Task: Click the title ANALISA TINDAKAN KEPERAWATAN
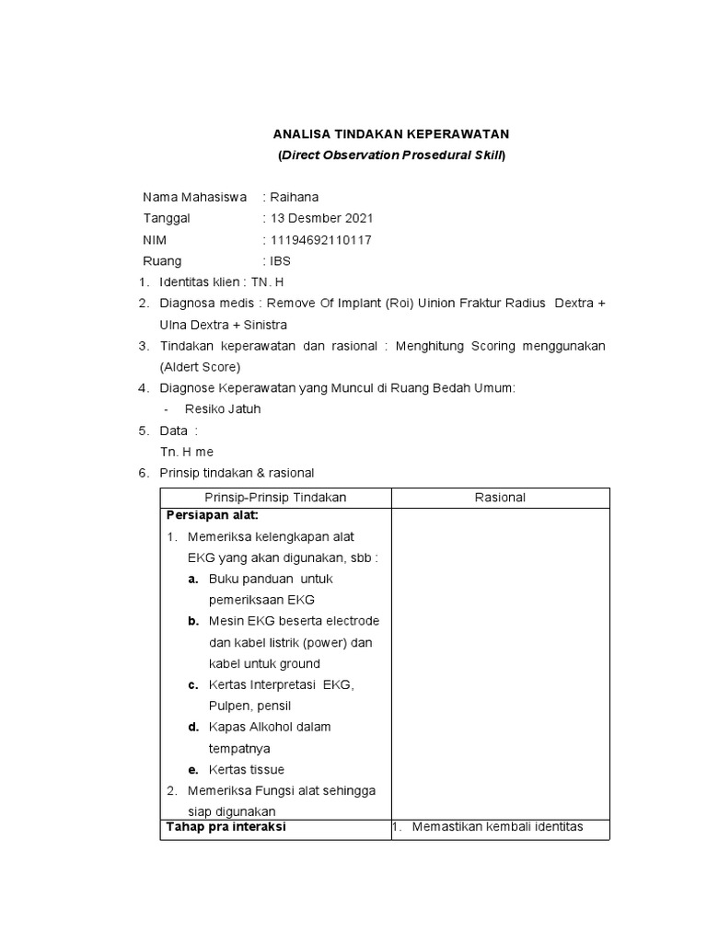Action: pyautogui.click(x=391, y=134)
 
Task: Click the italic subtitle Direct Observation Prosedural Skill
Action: pyautogui.click(x=392, y=155)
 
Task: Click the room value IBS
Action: pyautogui.click(x=280, y=260)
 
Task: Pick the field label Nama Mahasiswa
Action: pyautogui.click(x=194, y=197)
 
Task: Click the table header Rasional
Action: pyautogui.click(x=500, y=498)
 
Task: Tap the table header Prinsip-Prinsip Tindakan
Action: pyautogui.click(x=275, y=498)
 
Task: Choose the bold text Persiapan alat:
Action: pyautogui.click(x=212, y=515)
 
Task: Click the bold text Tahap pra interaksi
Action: pyautogui.click(x=226, y=827)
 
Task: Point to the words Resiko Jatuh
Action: pyautogui.click(x=222, y=409)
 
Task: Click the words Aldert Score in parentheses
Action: pyautogui.click(x=200, y=367)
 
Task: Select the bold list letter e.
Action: pyautogui.click(x=193, y=770)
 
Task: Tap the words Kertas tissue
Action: pyautogui.click(x=247, y=770)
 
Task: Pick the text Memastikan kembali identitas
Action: pyautogui.click(x=498, y=827)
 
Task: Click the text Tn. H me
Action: pyautogui.click(x=187, y=452)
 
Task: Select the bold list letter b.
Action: pyautogui.click(x=193, y=621)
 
